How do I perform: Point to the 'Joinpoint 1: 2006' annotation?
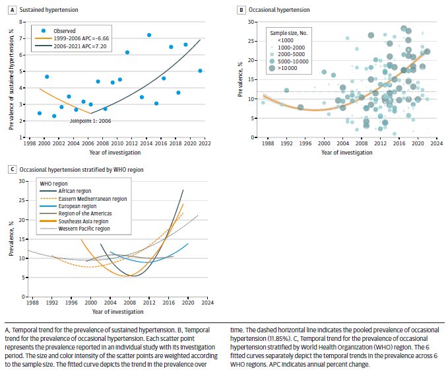coord(92,120)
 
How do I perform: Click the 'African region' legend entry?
coord(75,191)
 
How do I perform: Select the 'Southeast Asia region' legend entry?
coord(82,221)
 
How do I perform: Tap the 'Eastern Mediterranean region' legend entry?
coord(92,198)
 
